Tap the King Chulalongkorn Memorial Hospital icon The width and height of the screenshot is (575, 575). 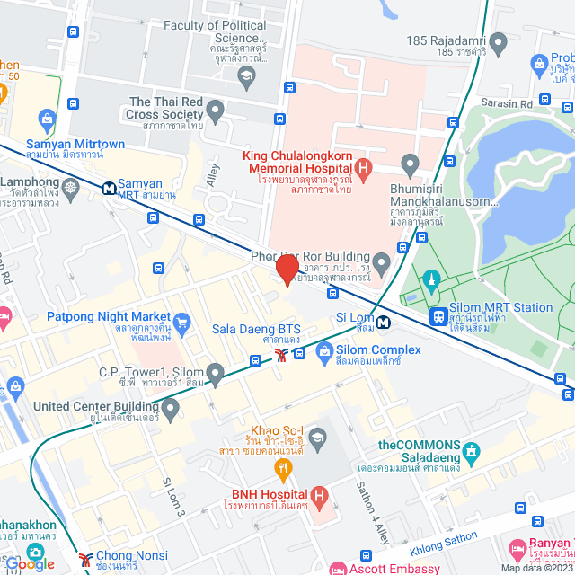[363, 167]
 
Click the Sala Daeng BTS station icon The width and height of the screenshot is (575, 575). [281, 356]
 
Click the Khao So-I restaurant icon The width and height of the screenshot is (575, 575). [283, 467]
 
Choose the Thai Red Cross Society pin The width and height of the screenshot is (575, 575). [215, 111]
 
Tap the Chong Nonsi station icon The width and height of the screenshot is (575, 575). [85, 558]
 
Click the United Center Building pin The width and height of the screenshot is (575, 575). [170, 410]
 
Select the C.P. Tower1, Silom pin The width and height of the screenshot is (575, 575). [215, 372]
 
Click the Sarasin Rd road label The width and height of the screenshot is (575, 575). [507, 104]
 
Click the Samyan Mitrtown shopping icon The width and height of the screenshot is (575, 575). [47, 118]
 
